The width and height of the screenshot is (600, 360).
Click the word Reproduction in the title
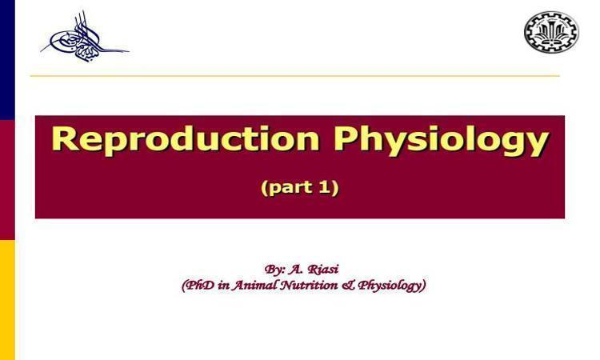click(x=186, y=138)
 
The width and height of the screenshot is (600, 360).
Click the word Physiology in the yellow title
click(x=441, y=141)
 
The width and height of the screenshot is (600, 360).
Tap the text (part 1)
click(x=300, y=188)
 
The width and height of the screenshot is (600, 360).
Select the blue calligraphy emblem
click(x=85, y=37)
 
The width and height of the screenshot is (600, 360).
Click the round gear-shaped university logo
click(x=551, y=32)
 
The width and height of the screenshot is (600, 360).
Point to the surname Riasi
click(x=323, y=269)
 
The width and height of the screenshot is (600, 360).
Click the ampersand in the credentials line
click(x=348, y=286)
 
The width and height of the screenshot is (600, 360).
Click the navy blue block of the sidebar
click(x=7, y=60)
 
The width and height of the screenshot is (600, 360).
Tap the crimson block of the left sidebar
click(x=7, y=180)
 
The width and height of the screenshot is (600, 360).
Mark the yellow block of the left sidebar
click(x=7, y=300)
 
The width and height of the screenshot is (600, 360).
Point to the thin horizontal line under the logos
click(x=294, y=76)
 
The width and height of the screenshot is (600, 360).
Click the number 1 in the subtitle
click(x=323, y=187)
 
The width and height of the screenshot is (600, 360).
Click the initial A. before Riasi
click(x=296, y=270)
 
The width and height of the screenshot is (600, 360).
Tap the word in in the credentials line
click(x=222, y=286)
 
